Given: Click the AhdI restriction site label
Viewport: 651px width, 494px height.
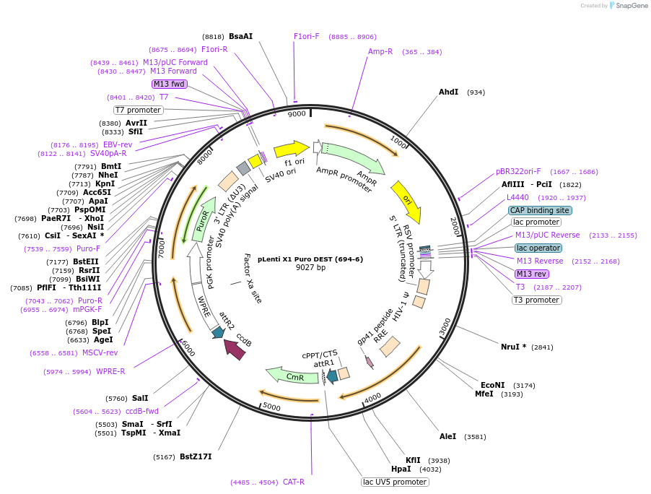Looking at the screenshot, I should point(448,92).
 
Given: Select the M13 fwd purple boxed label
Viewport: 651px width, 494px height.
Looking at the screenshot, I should point(170,84).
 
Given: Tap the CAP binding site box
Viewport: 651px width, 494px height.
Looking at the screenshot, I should point(540,210).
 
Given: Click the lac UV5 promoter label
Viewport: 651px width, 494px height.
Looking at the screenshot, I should point(395,482).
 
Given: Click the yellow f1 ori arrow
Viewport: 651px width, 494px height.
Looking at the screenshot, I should point(291,149).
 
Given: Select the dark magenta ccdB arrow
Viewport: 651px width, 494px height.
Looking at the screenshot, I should point(235,350).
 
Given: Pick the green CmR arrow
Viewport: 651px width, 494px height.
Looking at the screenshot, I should point(292,376).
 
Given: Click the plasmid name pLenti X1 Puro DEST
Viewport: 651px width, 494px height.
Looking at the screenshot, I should point(310,258).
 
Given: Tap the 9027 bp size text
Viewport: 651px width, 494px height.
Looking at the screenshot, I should point(310,267).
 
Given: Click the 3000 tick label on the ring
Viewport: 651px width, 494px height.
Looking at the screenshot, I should point(445,324).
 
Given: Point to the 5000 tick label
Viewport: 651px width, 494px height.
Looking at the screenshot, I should point(271,407).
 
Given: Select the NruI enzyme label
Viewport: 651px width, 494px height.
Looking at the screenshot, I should point(513,347).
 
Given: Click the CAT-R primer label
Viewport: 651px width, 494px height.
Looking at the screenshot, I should point(293,482).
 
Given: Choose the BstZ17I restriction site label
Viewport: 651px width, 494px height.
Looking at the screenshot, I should point(196,456).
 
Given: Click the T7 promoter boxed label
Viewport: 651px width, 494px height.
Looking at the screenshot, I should point(139,110).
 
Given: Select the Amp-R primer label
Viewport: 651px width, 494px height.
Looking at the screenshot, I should point(380,52).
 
